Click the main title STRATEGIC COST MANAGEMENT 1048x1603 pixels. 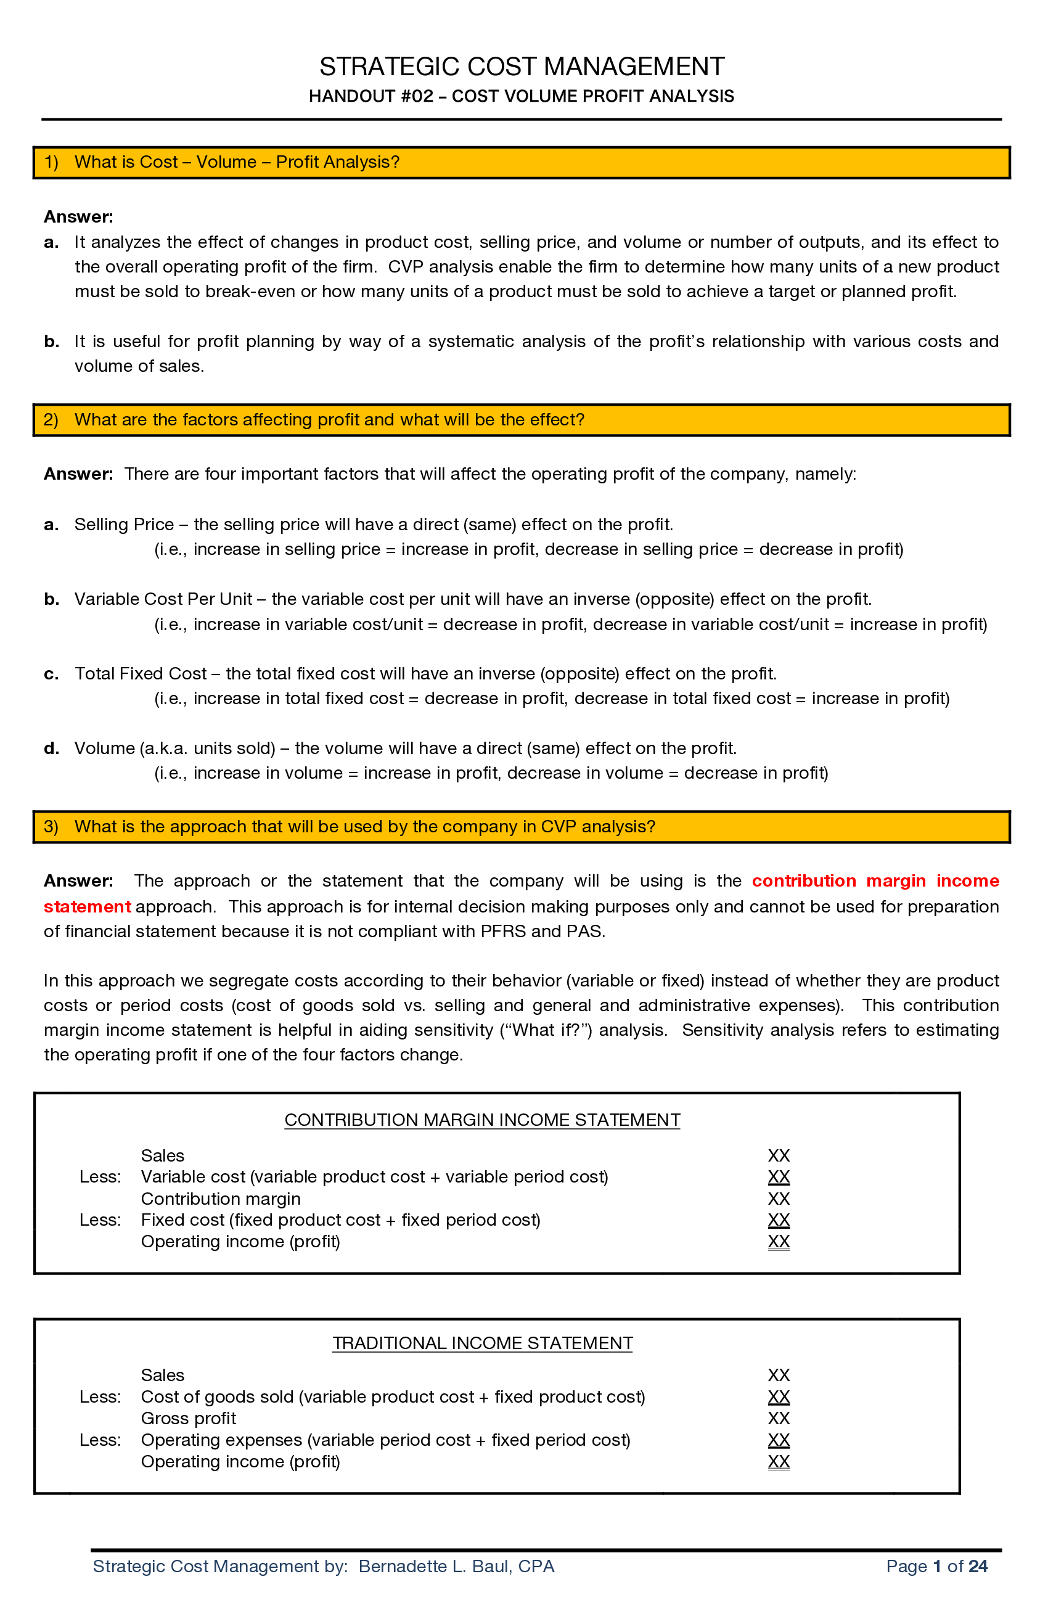pos(522,67)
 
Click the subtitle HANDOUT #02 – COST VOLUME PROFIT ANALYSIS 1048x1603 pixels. pos(522,96)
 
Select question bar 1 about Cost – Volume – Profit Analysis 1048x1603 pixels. pos(522,162)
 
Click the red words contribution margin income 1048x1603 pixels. pos(875,881)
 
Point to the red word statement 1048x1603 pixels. pos(87,906)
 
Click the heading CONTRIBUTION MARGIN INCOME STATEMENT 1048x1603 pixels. pos(481,1120)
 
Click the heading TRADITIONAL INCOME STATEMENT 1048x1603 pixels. pos(481,1342)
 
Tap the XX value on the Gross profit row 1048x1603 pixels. pos(778,1418)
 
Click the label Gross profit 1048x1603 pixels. pos(188,1418)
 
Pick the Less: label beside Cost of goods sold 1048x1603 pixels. pos(100,1396)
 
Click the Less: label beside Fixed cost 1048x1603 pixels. pos(100,1220)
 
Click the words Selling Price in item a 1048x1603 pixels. pos(124,524)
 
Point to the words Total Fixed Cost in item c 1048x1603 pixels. pos(140,673)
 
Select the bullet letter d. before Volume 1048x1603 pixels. pos(51,748)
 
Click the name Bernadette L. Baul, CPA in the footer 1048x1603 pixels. pos(456,1566)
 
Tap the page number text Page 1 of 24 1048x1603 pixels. pos(936,1566)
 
